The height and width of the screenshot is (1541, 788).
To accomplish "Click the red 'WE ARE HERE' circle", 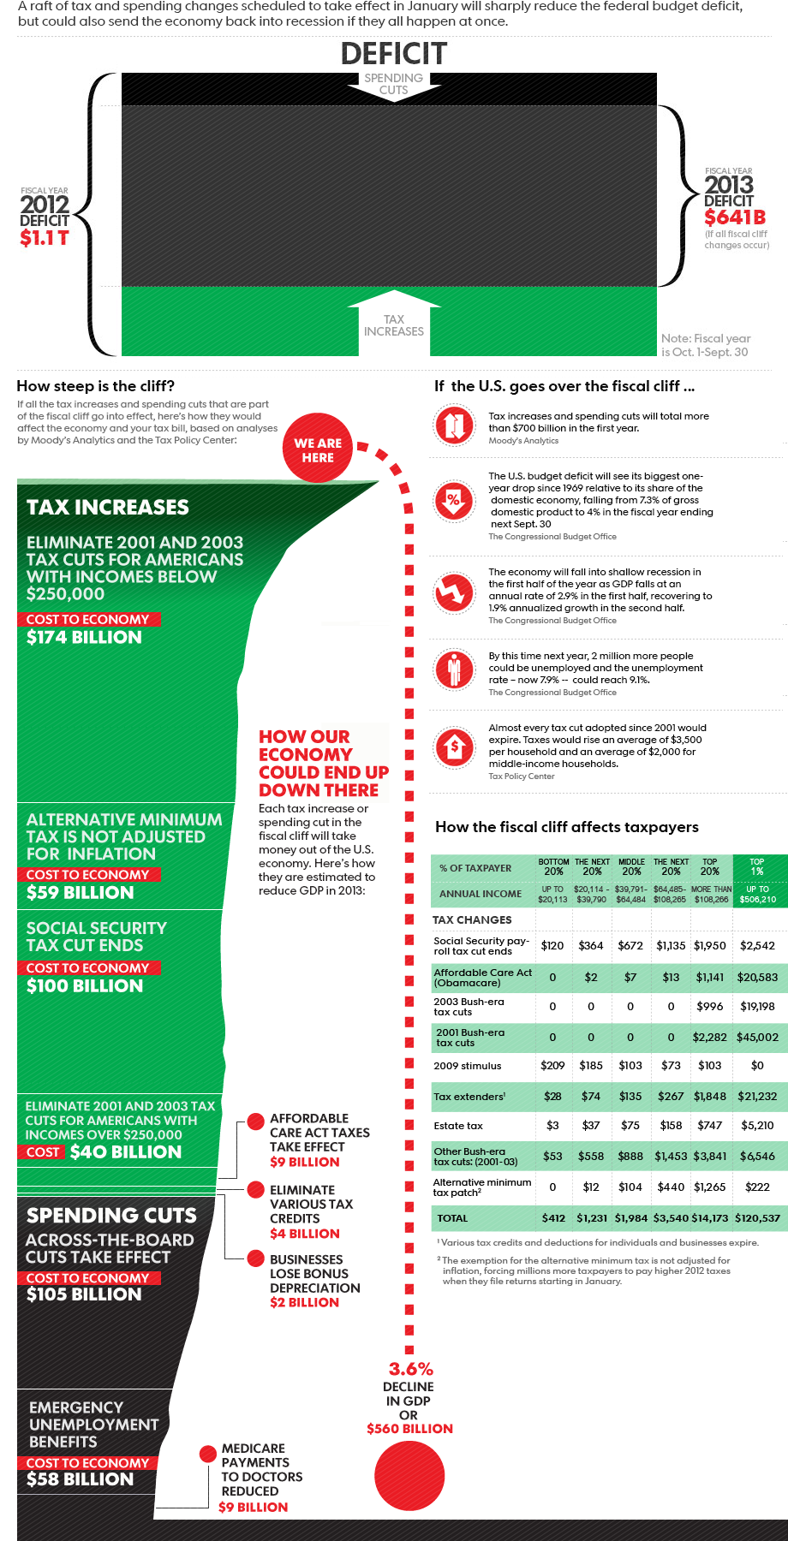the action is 318,449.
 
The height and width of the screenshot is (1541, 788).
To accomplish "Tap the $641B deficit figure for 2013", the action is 735,217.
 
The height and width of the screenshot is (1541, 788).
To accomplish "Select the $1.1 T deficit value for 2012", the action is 45,238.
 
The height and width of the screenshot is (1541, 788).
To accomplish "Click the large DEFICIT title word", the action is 394,54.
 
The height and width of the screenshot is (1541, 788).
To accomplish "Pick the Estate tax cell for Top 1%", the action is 757,1126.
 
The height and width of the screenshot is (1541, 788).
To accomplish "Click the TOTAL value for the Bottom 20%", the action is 553,1217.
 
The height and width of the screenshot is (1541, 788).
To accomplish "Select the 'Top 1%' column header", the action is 757,866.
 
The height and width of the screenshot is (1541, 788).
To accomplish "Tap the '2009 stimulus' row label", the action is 468,1066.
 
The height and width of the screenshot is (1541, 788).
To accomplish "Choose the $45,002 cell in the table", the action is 757,1037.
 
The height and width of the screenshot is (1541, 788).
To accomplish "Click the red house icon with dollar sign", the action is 454,747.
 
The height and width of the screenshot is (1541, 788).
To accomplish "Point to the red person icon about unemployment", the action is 454,669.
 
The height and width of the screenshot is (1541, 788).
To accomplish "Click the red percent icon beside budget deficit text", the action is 454,500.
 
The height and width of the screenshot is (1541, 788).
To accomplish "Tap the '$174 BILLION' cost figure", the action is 84,637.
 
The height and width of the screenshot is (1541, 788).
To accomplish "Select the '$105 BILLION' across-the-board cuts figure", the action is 84,1294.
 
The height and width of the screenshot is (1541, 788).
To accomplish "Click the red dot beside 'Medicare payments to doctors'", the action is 207,1454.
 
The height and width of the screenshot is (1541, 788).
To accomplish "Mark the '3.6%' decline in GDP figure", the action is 411,1369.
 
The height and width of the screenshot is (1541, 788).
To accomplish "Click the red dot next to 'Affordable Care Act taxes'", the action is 255,1122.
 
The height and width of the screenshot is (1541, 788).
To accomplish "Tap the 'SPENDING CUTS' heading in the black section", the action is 111,1216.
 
